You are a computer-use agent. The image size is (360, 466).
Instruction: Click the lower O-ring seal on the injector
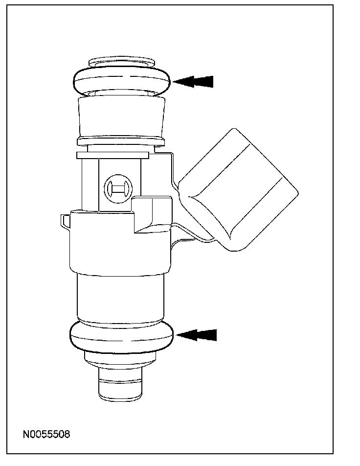click(x=122, y=337)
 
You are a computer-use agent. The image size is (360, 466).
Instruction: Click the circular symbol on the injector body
click(x=118, y=187)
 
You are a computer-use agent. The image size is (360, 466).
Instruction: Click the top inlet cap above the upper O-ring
click(x=121, y=63)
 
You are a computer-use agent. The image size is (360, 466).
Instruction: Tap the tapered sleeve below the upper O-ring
click(x=121, y=116)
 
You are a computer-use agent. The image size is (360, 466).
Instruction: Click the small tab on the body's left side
click(x=65, y=220)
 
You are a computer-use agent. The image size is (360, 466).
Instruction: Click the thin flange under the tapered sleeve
click(x=121, y=141)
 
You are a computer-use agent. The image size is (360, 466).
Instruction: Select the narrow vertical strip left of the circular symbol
click(x=90, y=184)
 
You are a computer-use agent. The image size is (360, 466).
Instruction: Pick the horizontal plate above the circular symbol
click(x=112, y=155)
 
